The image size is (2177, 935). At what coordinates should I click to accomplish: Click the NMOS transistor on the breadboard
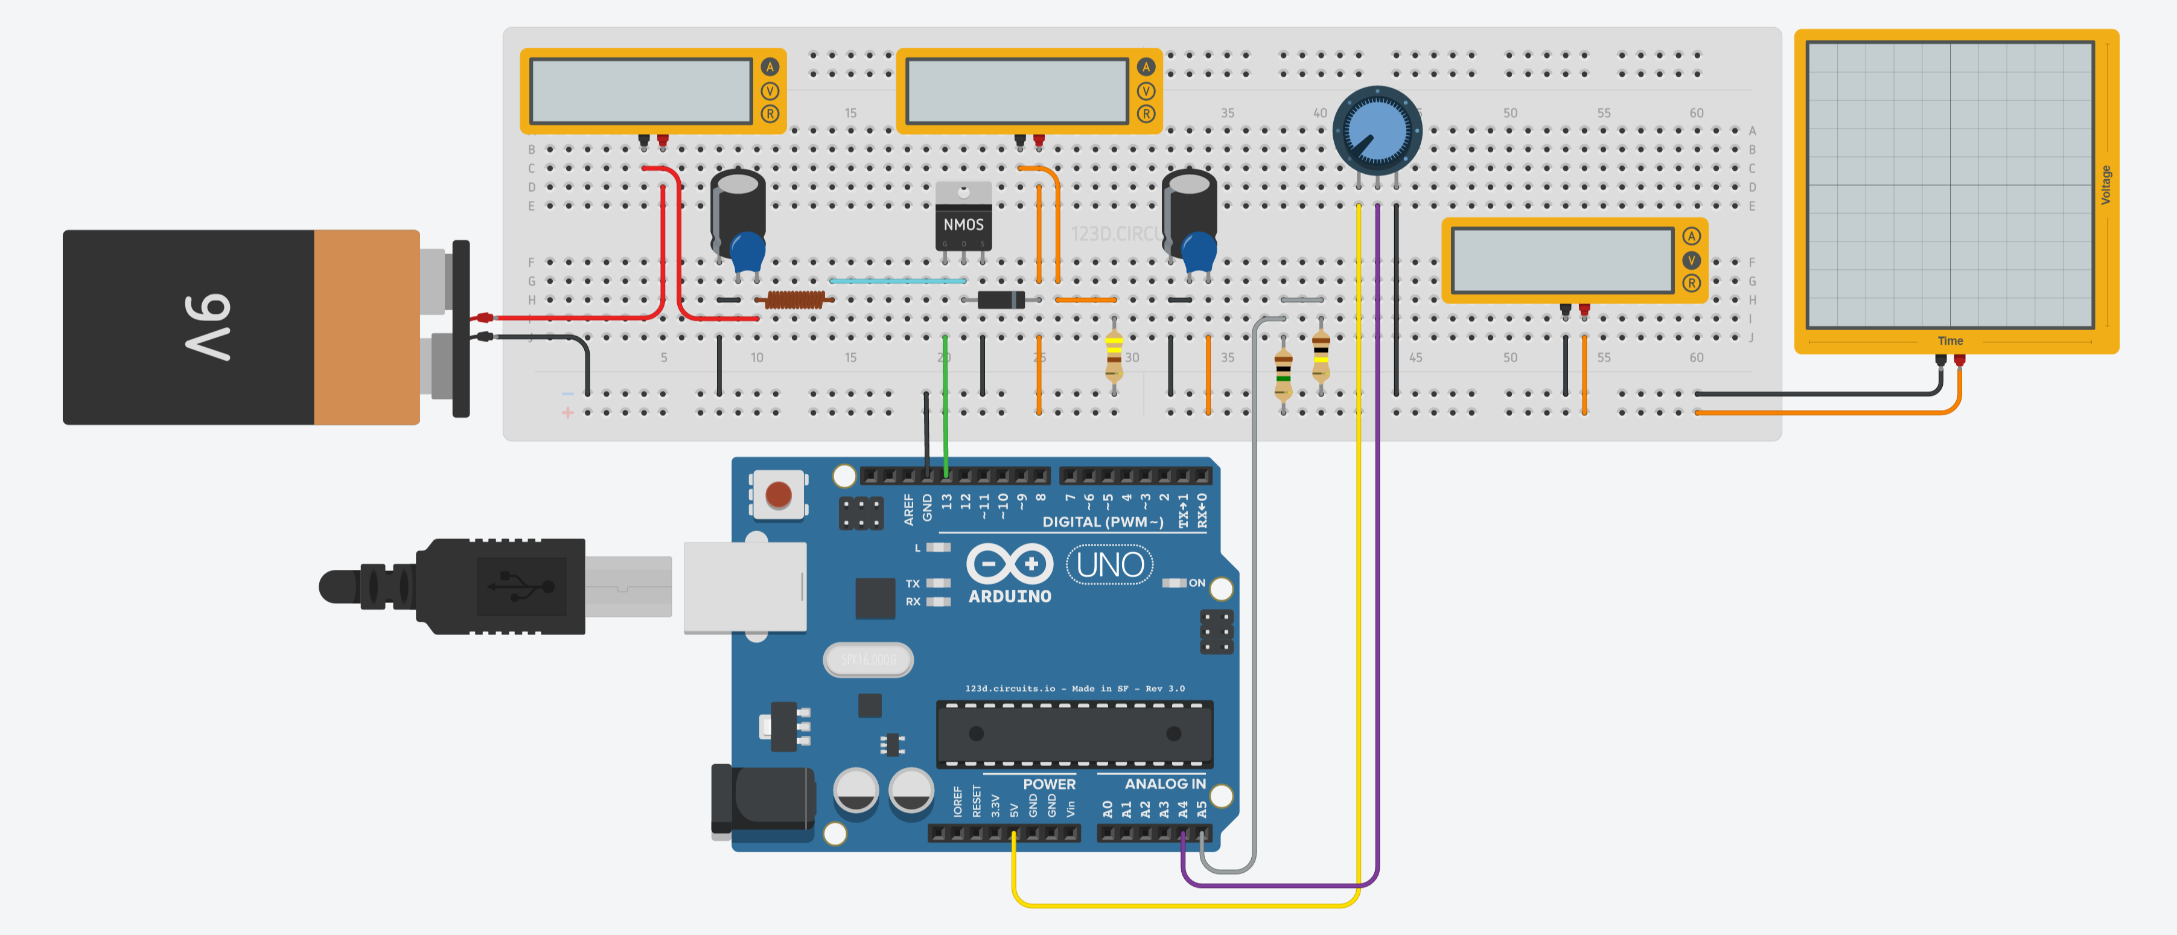click(963, 222)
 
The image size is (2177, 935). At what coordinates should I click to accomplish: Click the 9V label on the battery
click(208, 327)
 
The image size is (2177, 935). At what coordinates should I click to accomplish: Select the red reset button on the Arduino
click(777, 494)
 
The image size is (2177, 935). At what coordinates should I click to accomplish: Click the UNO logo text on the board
click(1110, 565)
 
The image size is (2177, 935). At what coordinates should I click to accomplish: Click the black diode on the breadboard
click(1001, 299)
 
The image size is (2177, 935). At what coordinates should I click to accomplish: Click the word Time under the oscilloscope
click(1949, 340)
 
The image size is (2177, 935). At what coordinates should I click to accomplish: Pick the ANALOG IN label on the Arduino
click(1165, 783)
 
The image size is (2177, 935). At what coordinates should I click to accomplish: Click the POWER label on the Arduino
click(1049, 783)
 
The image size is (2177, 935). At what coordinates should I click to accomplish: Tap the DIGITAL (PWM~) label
click(1102, 522)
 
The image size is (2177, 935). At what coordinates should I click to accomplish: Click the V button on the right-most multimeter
click(1691, 260)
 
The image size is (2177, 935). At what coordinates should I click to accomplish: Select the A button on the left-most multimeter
click(769, 67)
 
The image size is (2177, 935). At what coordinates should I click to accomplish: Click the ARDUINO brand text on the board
click(1010, 596)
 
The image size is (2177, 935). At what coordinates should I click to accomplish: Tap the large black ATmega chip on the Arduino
click(1074, 734)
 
